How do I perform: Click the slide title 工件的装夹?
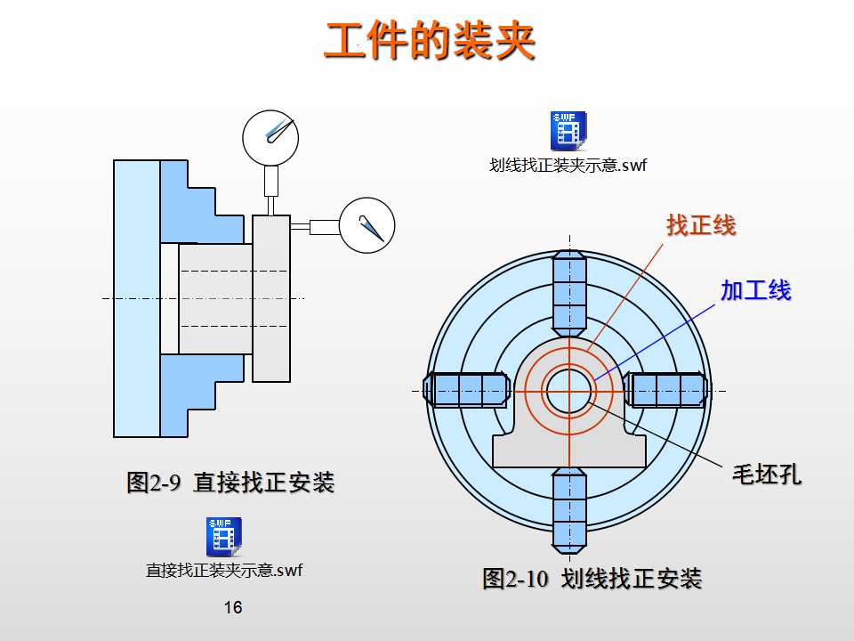[x=429, y=41]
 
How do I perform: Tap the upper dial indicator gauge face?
[x=270, y=136]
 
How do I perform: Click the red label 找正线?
[x=701, y=225]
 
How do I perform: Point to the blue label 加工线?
[x=755, y=290]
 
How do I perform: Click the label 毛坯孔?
[x=766, y=474]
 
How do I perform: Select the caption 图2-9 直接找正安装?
[x=230, y=483]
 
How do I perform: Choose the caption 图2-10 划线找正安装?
[x=592, y=579]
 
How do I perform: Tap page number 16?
[x=233, y=608]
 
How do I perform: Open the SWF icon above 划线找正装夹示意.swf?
[x=568, y=130]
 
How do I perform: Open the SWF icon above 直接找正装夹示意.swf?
[x=224, y=536]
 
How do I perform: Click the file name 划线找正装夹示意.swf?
[x=568, y=165]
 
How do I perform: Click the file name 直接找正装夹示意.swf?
[x=224, y=570]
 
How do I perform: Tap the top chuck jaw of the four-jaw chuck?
[x=569, y=293]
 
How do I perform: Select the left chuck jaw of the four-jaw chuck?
[x=466, y=390]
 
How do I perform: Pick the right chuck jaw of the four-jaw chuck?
[x=669, y=390]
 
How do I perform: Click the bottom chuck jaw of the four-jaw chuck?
[x=569, y=507]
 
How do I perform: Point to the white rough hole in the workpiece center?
[x=569, y=391]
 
